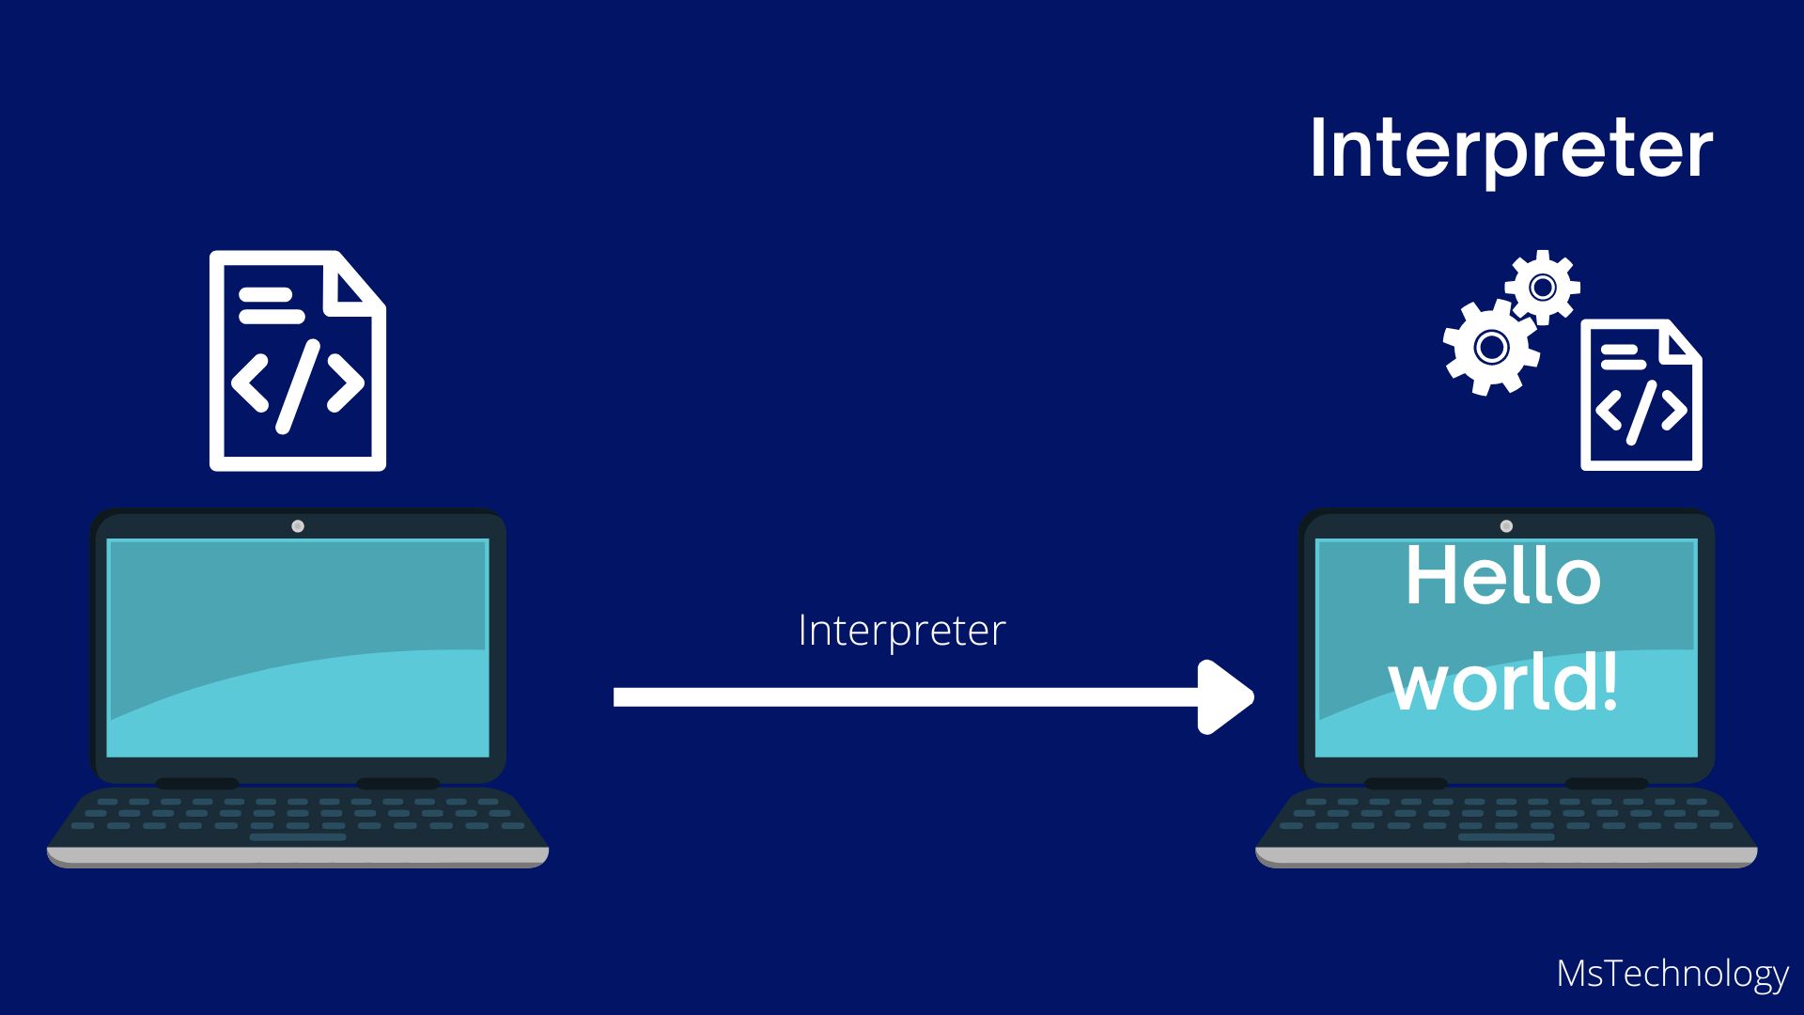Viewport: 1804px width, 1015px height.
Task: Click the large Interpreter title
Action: coord(1511,148)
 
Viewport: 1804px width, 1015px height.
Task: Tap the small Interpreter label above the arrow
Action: coord(901,631)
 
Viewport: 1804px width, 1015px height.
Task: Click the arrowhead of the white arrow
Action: coord(1226,696)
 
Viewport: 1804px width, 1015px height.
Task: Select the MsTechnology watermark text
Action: coord(1672,974)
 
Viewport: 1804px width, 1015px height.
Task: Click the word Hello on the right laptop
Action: coord(1502,576)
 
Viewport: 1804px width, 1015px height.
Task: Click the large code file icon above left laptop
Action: coord(297,361)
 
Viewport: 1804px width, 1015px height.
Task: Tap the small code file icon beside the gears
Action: coord(1641,395)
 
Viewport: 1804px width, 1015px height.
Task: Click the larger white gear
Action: coord(1491,347)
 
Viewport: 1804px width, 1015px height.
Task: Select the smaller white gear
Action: coord(1542,287)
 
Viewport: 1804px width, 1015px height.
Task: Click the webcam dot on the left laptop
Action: coord(298,526)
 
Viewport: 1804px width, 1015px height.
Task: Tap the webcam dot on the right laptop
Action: coord(1506,526)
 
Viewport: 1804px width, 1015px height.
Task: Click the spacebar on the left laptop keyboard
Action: coord(298,836)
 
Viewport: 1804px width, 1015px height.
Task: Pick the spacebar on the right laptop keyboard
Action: coord(1506,836)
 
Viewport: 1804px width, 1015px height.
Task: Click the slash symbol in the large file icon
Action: coord(297,386)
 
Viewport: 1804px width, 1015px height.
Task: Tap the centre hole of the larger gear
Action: coord(1491,347)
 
